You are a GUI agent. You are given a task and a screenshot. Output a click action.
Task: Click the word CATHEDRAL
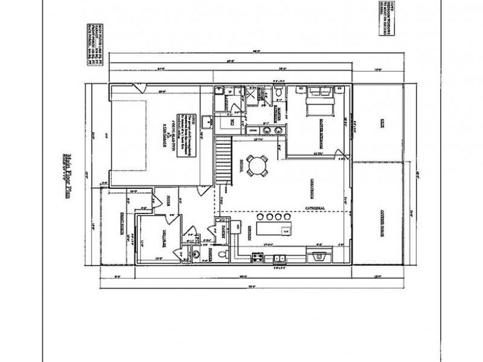(315, 209)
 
